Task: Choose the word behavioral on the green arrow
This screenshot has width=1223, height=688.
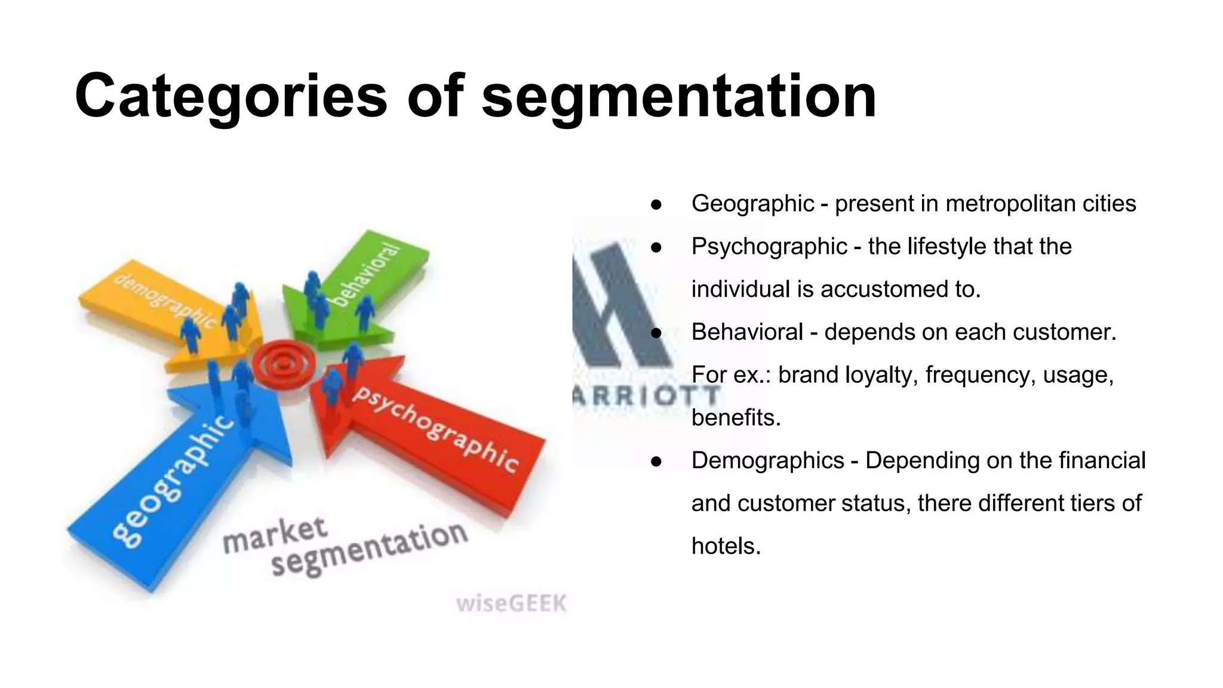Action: (365, 274)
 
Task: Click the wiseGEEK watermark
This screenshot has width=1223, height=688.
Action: (511, 603)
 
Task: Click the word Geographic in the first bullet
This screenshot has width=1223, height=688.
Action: (752, 204)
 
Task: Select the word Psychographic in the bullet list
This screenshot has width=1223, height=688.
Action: (769, 247)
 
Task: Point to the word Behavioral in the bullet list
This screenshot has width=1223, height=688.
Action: (747, 332)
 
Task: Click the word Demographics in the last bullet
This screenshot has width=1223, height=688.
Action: (767, 460)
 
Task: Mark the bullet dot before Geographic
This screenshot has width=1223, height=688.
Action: (657, 204)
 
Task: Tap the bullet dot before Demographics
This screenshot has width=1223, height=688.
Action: (657, 461)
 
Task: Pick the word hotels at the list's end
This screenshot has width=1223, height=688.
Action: (726, 546)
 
